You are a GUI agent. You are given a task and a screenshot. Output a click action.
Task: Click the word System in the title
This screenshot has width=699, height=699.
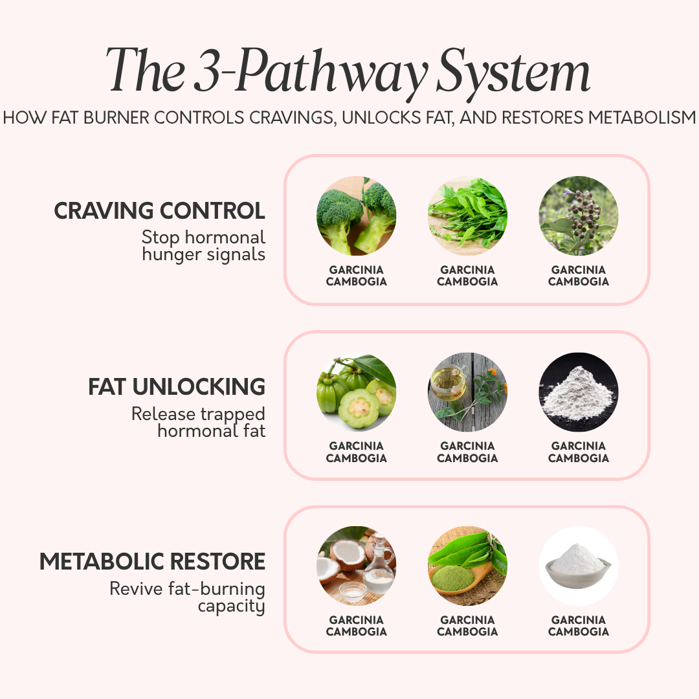pyautogui.click(x=513, y=71)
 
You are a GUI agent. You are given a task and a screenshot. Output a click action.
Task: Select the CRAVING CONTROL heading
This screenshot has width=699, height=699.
pyautogui.click(x=159, y=211)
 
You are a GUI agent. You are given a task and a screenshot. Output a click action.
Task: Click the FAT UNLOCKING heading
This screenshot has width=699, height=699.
pyautogui.click(x=177, y=387)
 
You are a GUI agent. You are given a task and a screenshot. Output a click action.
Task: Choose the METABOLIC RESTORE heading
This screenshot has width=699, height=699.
pyautogui.click(x=153, y=561)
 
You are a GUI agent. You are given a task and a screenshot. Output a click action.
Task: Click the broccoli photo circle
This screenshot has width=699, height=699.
pyautogui.click(x=356, y=216)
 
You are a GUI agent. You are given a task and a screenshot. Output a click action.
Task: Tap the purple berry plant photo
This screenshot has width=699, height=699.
pyautogui.click(x=579, y=216)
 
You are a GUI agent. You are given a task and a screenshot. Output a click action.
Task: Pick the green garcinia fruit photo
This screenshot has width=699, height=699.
pyautogui.click(x=356, y=392)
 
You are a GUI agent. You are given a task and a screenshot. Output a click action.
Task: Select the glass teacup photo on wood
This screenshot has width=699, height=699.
pyautogui.click(x=467, y=392)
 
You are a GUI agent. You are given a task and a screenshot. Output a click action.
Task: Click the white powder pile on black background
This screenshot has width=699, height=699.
pyautogui.click(x=579, y=392)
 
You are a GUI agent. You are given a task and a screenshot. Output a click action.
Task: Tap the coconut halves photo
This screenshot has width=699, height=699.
pyautogui.click(x=356, y=566)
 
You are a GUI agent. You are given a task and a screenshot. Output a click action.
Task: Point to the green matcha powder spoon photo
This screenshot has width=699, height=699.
pyautogui.click(x=467, y=566)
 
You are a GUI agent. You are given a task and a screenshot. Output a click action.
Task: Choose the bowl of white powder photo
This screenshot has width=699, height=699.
pyautogui.click(x=579, y=566)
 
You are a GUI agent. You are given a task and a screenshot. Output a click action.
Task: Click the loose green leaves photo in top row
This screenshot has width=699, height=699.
pyautogui.click(x=467, y=216)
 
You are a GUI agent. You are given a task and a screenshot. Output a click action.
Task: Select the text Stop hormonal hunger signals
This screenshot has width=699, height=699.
pyautogui.click(x=203, y=245)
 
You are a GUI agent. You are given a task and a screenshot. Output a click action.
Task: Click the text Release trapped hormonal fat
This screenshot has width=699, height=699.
pyautogui.click(x=198, y=422)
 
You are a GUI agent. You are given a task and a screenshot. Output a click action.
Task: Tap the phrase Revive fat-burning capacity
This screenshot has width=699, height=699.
pyautogui.click(x=187, y=597)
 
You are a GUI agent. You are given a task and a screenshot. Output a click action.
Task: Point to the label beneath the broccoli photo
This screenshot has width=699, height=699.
pyautogui.click(x=356, y=276)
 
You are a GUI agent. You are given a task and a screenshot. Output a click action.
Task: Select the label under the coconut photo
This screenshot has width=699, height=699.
pyautogui.click(x=356, y=626)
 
